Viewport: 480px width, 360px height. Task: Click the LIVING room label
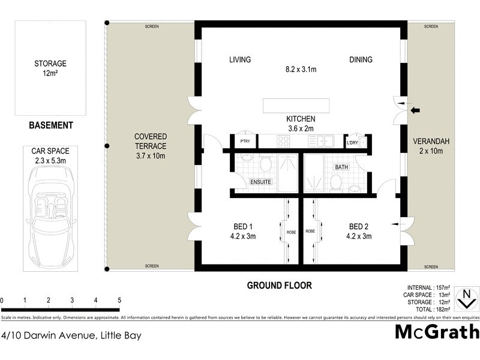pos(239,59)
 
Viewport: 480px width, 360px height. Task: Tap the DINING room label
pos(361,59)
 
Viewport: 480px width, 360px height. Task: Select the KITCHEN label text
pos(301,119)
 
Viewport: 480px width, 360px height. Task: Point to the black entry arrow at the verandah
pos(415,110)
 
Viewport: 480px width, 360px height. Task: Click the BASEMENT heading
pos(51,125)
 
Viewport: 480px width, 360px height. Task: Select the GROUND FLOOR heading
pos(280,286)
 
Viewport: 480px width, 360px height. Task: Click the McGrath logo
pos(437,332)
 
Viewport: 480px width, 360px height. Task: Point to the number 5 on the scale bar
pos(119,300)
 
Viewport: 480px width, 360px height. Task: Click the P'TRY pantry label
pos(244,142)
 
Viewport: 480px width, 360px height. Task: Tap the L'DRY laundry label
pos(352,143)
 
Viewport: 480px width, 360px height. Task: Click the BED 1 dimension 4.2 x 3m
pos(242,236)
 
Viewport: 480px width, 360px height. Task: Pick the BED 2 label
pos(359,226)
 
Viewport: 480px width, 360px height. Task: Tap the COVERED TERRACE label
pos(151,142)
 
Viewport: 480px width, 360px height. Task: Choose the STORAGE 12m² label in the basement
pos(50,68)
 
